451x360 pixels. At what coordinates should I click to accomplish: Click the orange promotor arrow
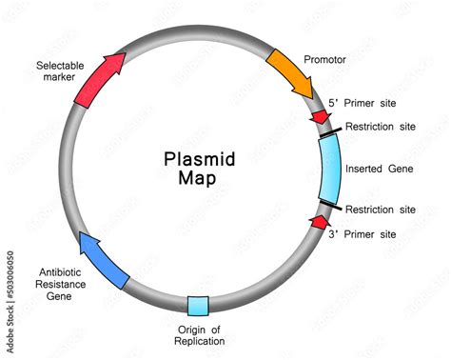click(x=290, y=72)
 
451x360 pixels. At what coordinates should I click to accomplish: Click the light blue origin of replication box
click(x=198, y=306)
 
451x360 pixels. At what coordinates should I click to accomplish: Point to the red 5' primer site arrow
click(x=321, y=116)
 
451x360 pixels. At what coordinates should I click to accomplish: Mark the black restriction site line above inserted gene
click(x=327, y=134)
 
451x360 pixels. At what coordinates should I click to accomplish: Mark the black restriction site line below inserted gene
click(x=328, y=204)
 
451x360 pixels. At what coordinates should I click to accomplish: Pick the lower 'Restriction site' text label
click(x=381, y=210)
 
